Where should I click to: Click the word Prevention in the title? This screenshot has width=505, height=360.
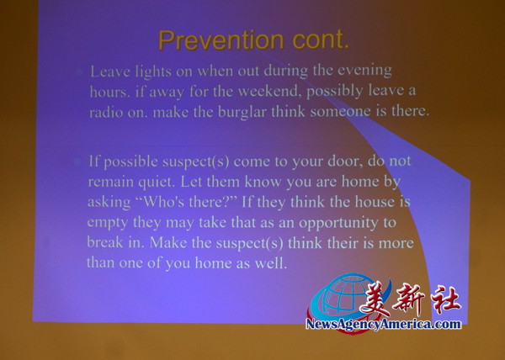tap(221, 40)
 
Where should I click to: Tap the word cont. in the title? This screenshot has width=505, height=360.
tap(321, 40)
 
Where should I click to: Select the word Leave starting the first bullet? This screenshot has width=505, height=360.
tap(109, 71)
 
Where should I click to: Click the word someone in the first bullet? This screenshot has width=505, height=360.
tap(340, 112)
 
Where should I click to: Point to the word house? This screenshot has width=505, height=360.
tap(375, 202)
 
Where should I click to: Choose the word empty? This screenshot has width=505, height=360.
tap(108, 223)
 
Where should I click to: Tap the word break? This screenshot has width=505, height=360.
tap(105, 242)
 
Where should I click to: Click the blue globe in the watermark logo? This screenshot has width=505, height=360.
tap(342, 295)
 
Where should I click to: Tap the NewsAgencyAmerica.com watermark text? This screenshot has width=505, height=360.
tap(383, 324)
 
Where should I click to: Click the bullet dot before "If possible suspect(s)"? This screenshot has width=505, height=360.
tap(77, 161)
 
